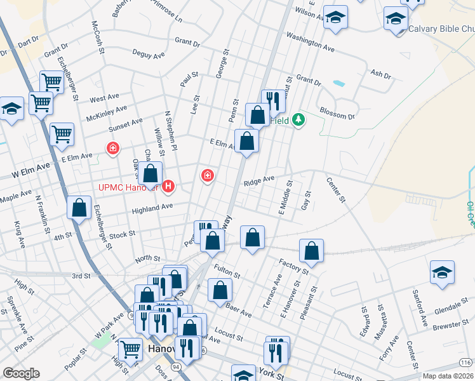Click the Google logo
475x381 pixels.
tap(21, 373)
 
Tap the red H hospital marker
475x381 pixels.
tap(168, 186)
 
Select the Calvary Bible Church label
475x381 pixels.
tap(441, 29)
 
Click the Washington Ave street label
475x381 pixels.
tap(310, 43)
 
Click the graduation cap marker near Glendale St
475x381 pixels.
tap(442, 272)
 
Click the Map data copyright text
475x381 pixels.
tap(446, 375)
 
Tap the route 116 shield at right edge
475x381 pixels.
tap(466, 362)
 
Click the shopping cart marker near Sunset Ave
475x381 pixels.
tap(62, 133)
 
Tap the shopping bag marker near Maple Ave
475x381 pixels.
tap(79, 206)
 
